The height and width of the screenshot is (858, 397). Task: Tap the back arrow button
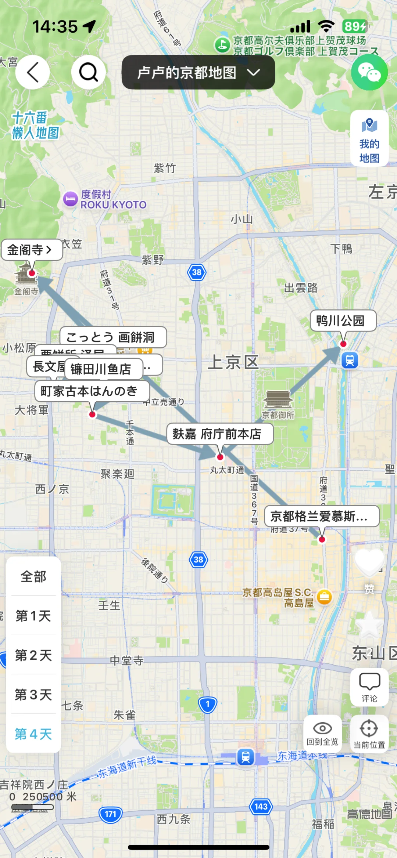click(33, 72)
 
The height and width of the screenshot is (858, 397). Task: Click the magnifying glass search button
click(89, 72)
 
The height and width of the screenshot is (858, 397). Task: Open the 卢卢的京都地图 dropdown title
click(198, 72)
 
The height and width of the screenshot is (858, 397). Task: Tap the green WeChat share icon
click(369, 72)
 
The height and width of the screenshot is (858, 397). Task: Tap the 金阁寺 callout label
click(31, 250)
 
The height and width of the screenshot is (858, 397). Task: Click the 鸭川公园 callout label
click(343, 321)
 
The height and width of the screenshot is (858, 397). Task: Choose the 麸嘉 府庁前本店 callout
click(220, 434)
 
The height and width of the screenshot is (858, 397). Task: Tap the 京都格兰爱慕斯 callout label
click(321, 516)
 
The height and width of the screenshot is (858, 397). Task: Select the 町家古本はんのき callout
click(92, 391)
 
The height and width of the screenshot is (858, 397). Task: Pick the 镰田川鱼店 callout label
click(103, 369)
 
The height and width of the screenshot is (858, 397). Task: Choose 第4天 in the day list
click(33, 734)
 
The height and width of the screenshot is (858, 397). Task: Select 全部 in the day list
click(33, 576)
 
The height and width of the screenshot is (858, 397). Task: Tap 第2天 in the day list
click(33, 655)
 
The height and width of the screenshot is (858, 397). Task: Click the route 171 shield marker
click(110, 814)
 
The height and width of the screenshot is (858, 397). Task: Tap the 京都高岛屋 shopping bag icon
click(324, 597)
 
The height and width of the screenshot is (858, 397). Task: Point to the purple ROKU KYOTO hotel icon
click(70, 199)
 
